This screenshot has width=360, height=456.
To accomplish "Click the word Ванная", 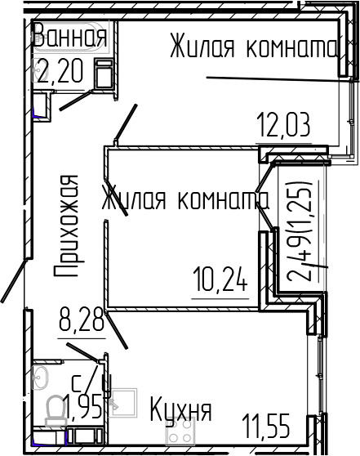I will [69, 38].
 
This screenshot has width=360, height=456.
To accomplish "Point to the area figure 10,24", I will [219, 281].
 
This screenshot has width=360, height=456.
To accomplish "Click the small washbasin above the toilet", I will [41, 377].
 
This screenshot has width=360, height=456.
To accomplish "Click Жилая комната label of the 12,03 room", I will [253, 48].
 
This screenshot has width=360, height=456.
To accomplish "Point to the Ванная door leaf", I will [75, 99].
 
